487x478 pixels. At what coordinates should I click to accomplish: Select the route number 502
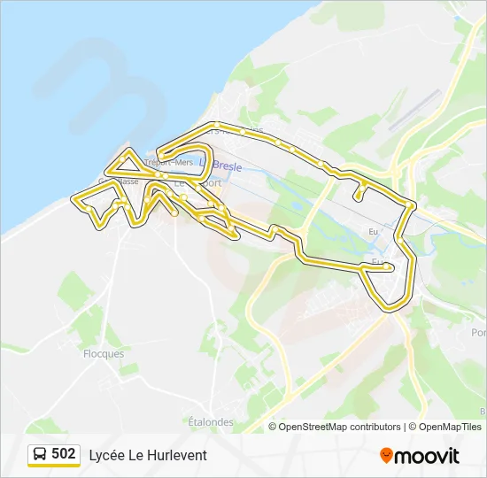point(63,454)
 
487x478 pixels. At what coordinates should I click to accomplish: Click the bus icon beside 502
point(40,454)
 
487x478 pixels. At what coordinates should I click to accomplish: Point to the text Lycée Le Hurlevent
point(148,455)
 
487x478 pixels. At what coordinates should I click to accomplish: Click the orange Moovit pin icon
point(386,455)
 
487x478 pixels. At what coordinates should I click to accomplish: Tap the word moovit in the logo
point(427,456)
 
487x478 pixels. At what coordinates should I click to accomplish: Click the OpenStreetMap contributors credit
point(339,427)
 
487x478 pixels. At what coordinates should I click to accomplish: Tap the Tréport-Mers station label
point(168,162)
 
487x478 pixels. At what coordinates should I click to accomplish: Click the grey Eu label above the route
point(373,231)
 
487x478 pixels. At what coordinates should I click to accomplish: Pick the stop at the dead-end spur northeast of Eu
point(357,197)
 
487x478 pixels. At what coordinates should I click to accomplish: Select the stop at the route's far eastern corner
point(411,205)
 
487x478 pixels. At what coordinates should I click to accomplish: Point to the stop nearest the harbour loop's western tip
point(159,152)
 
